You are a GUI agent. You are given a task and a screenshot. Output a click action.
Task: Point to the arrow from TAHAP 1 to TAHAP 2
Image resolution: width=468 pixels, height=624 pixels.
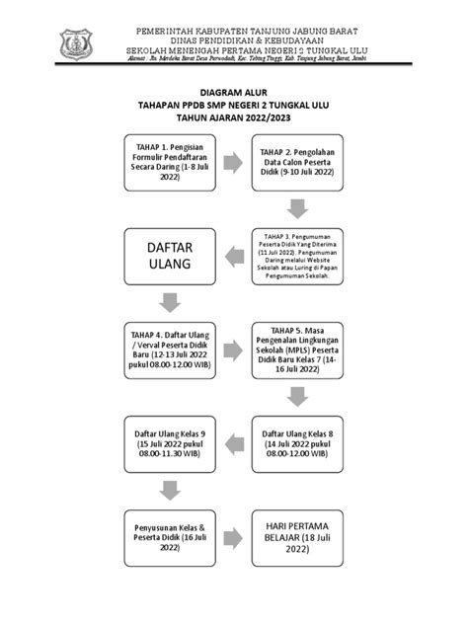pos(234,163)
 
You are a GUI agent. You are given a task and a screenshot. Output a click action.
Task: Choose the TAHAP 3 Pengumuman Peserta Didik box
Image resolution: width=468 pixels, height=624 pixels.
pos(298,257)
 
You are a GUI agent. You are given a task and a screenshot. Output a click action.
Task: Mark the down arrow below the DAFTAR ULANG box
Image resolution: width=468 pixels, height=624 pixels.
pos(170,301)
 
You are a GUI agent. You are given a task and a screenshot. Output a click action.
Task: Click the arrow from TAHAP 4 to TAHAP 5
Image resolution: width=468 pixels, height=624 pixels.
pos(234,349)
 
